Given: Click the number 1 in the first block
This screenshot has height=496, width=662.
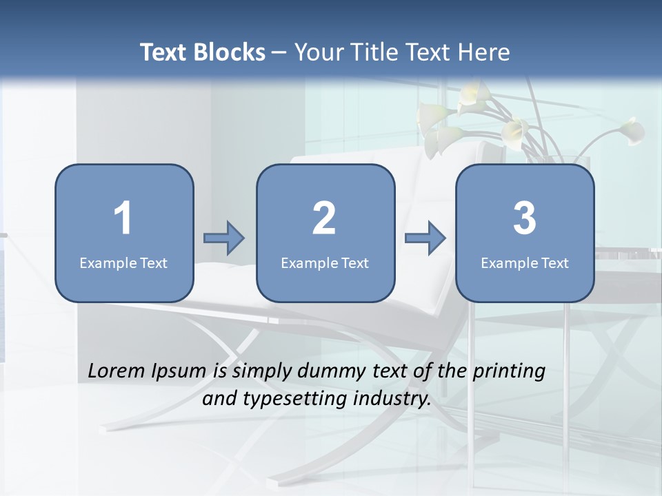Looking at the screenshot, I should (123, 218).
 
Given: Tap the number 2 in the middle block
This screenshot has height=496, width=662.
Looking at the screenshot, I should (324, 218).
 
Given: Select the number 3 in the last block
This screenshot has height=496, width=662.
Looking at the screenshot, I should (525, 218).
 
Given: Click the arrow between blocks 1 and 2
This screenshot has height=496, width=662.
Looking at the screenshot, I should (224, 238).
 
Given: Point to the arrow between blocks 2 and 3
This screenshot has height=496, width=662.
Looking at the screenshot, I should (425, 238).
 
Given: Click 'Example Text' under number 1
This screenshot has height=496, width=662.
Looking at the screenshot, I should (123, 262).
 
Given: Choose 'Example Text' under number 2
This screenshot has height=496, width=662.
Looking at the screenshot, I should (325, 262).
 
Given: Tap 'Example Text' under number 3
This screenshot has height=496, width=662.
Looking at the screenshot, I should (525, 262).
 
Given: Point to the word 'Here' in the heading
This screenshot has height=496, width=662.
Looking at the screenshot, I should (484, 52).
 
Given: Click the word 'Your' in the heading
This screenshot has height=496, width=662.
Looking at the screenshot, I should (318, 52).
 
